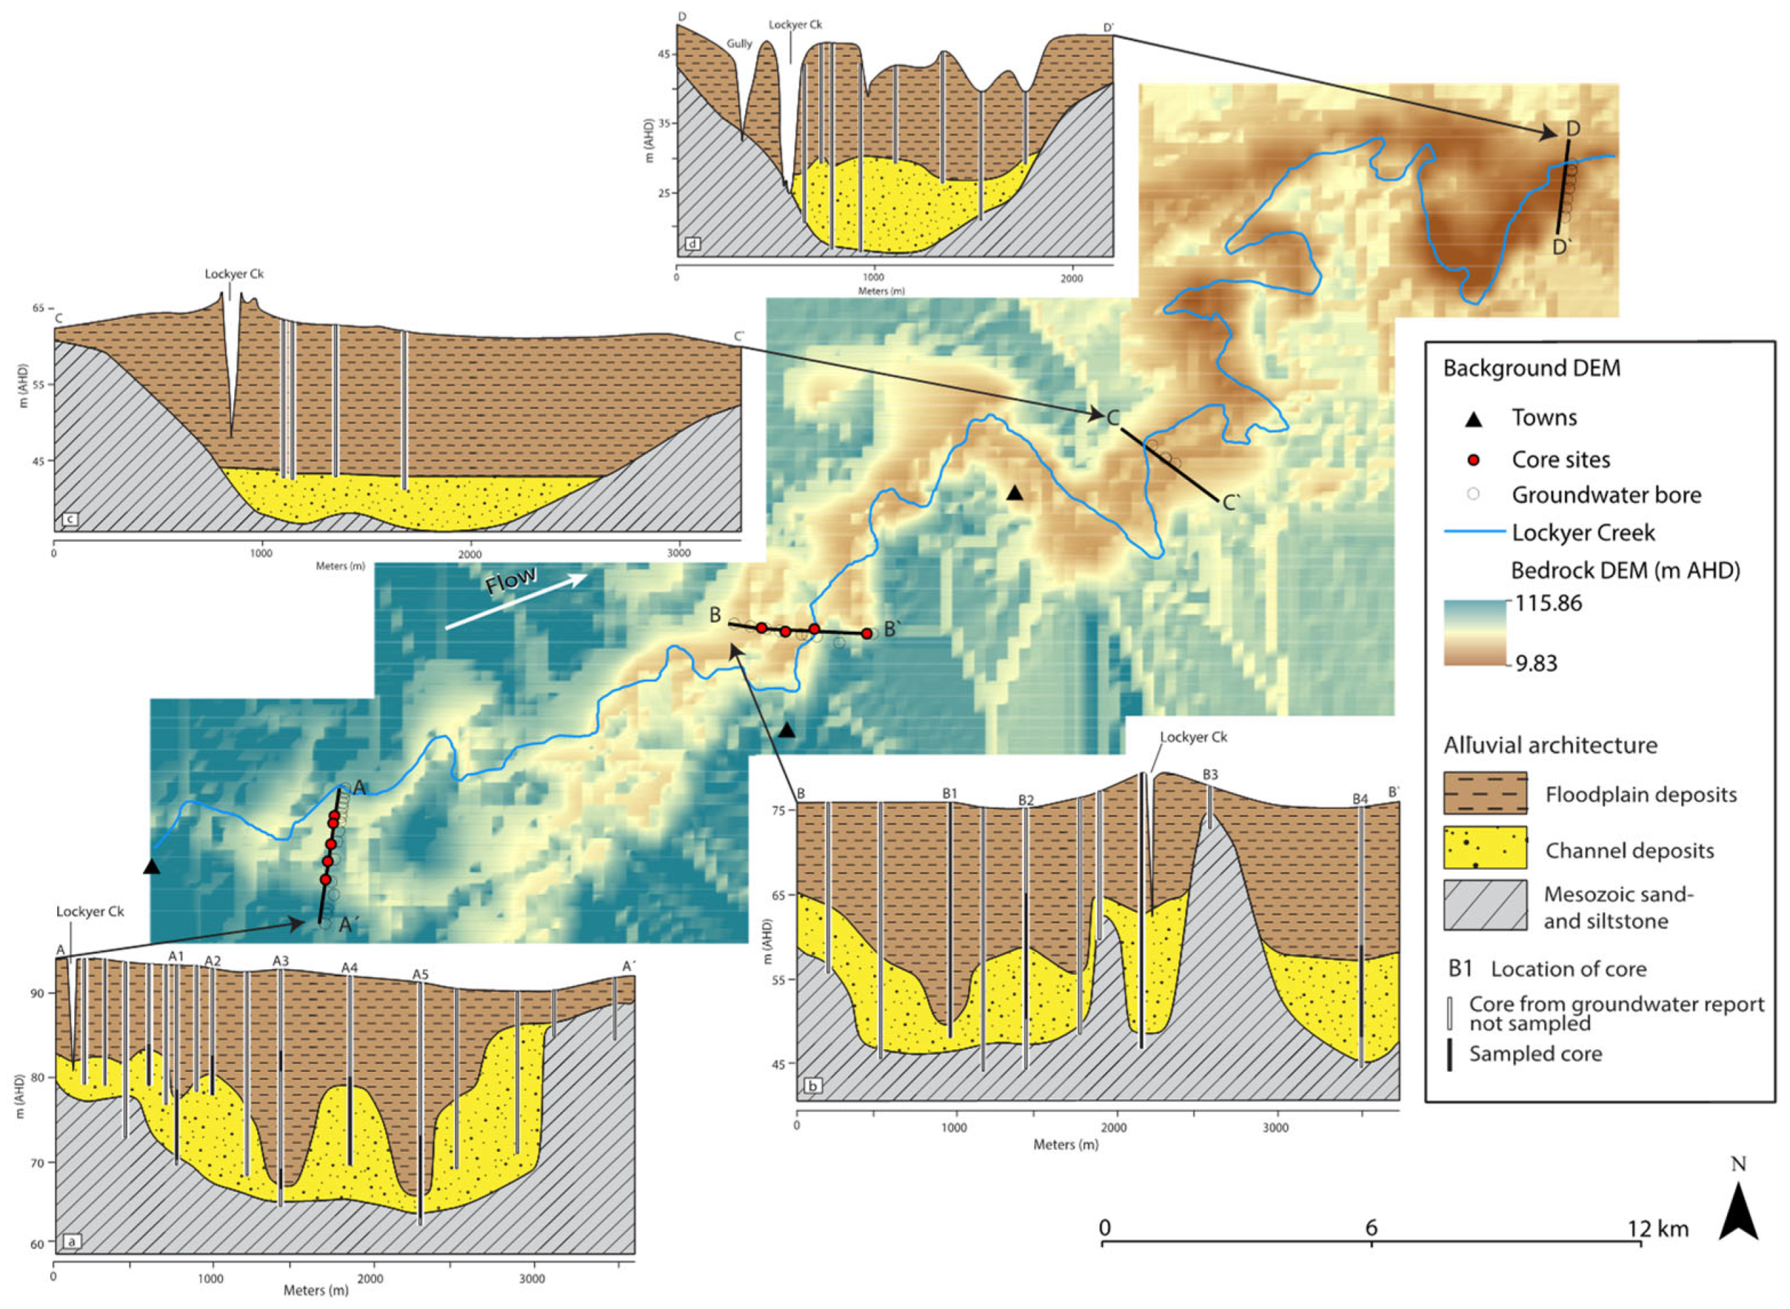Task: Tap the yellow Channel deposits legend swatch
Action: click(x=1485, y=848)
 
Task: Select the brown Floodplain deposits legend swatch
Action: click(x=1485, y=793)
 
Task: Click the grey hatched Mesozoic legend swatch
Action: click(x=1485, y=905)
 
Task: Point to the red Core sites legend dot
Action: click(x=1473, y=460)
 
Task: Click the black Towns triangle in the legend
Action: click(x=1473, y=418)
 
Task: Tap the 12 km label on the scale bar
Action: click(x=1658, y=1229)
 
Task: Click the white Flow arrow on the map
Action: click(x=515, y=601)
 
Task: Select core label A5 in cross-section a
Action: click(x=420, y=974)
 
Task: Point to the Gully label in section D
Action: click(x=739, y=44)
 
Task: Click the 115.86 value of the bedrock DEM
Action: click(x=1546, y=603)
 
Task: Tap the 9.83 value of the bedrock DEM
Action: click(x=1536, y=663)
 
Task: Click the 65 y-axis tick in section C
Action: click(x=38, y=309)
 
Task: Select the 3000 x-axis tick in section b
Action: click(x=1275, y=1128)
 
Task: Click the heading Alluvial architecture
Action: click(x=1550, y=745)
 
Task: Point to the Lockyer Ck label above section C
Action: click(x=234, y=274)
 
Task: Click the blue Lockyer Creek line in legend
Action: click(x=1474, y=532)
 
